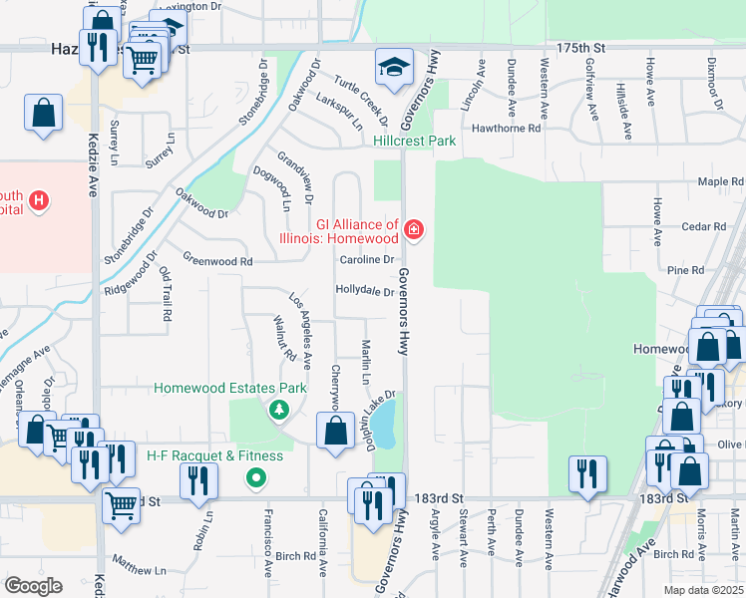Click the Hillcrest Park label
[414, 142]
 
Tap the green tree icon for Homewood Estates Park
[279, 409]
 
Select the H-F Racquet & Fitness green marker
[256, 478]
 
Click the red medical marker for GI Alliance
[414, 232]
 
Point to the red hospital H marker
[39, 201]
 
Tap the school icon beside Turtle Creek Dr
[393, 67]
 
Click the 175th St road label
[580, 47]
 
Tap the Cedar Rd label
[705, 226]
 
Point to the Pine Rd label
[685, 270]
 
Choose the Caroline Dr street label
[368, 260]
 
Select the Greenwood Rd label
[217, 261]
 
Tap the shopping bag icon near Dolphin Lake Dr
[335, 432]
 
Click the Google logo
[34, 585]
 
